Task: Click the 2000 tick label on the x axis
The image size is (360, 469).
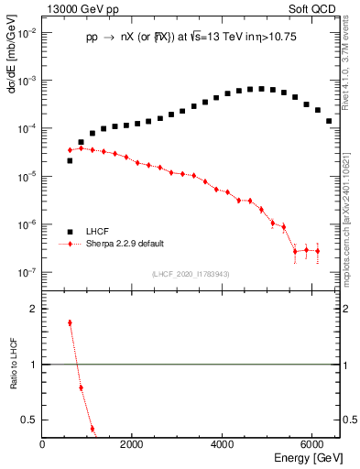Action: coord(133,444)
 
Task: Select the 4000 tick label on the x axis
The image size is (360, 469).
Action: coord(223,444)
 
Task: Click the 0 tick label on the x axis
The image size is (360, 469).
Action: coord(43,444)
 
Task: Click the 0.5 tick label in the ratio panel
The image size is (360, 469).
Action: coord(31,420)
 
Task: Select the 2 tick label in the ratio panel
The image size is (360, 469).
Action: coord(35,310)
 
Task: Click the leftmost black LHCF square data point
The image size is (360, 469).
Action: coord(70,160)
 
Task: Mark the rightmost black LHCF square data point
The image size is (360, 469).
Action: coord(329,121)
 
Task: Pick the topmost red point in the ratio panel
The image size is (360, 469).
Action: coord(70,322)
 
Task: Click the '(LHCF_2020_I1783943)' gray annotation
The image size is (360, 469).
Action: coord(190,273)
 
